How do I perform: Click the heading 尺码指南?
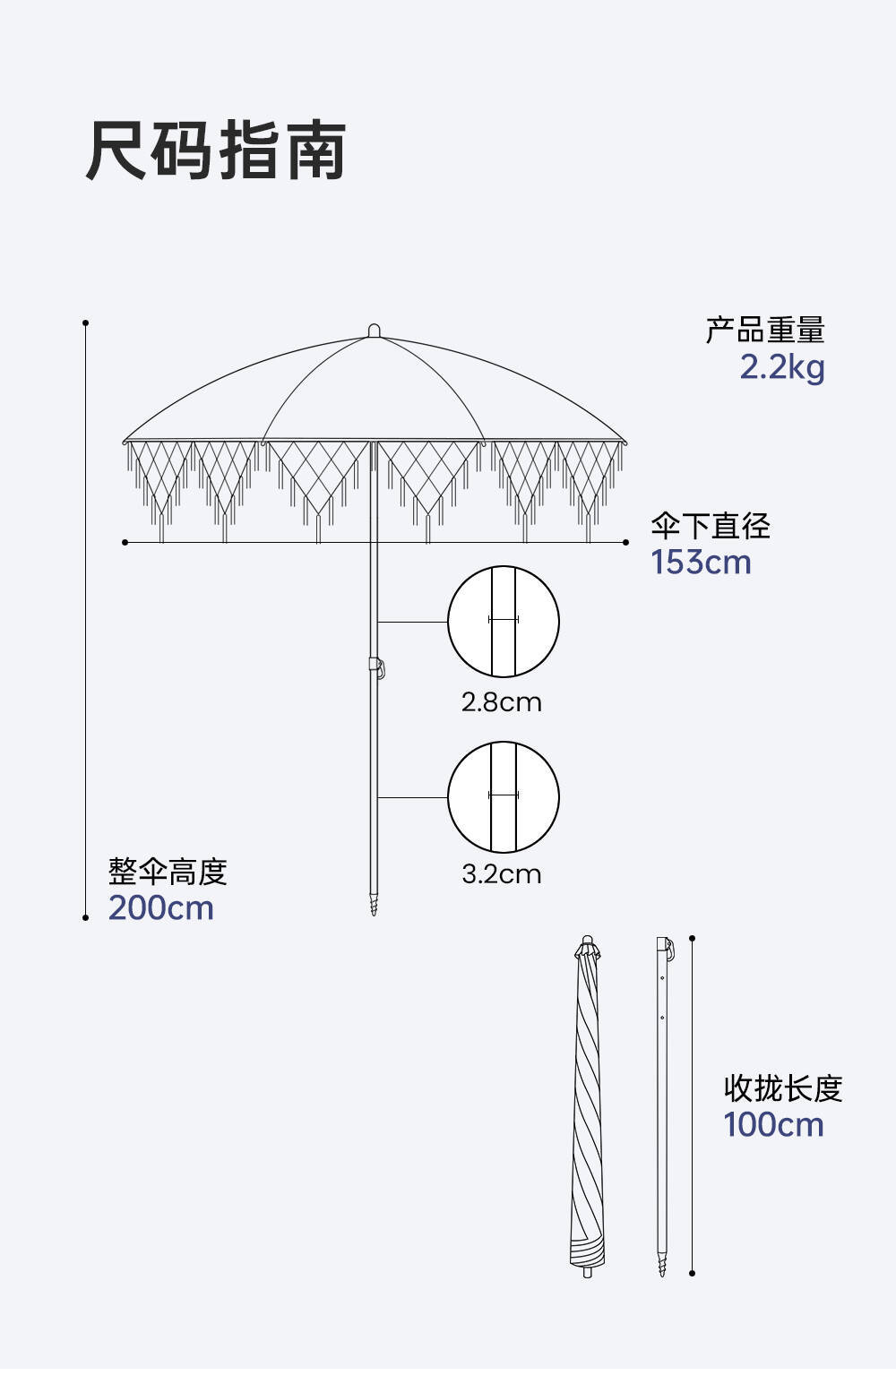[216, 150]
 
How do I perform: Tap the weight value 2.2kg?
[781, 367]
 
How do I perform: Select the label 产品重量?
[764, 330]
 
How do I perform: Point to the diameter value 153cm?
[701, 563]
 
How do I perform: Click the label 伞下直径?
[711, 526]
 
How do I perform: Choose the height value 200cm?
[161, 908]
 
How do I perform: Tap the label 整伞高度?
[168, 872]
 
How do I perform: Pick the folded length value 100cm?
[773, 1125]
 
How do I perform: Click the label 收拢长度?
[783, 1088]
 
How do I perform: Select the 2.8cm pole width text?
[502, 701]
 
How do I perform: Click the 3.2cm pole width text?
[502, 873]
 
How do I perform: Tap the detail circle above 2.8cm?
[504, 621]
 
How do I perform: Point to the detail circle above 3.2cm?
[504, 796]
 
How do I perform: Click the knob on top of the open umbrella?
[374, 331]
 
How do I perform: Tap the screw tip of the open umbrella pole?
[374, 905]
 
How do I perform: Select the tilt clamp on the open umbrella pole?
[377, 667]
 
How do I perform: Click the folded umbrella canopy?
[587, 1102]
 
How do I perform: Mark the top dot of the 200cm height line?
[86, 322]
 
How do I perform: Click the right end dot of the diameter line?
[625, 542]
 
